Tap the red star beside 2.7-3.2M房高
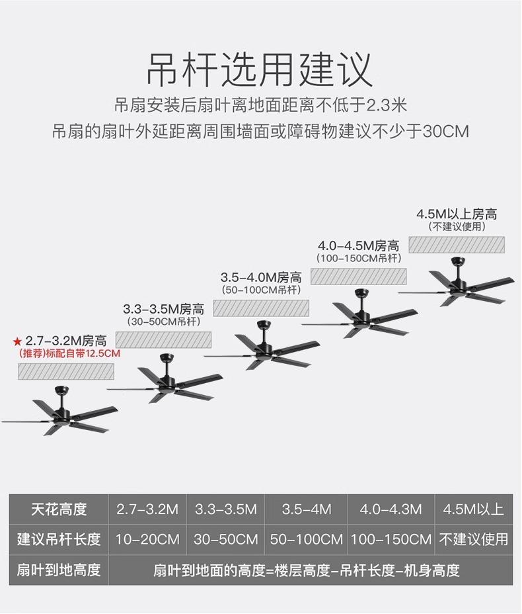click(x=17, y=342)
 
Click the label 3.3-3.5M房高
click(x=163, y=309)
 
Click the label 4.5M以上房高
click(x=457, y=214)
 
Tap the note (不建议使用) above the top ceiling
click(x=457, y=227)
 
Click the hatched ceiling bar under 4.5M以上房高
click(x=457, y=245)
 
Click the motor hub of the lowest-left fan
click(x=64, y=414)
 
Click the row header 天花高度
click(x=59, y=509)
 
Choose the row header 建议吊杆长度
click(x=59, y=539)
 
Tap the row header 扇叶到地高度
click(x=59, y=570)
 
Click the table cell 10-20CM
click(x=147, y=539)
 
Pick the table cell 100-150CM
click(x=391, y=539)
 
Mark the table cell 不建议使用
click(x=474, y=539)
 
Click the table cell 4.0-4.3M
click(x=391, y=509)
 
